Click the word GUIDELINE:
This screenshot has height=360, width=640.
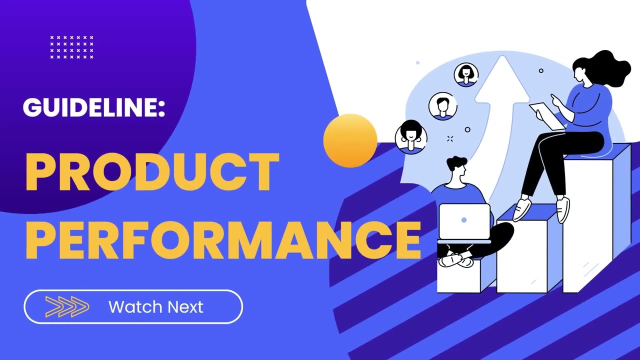click(x=94, y=107)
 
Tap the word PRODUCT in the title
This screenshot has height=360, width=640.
click(x=152, y=172)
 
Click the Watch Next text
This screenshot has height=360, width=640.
click(x=156, y=306)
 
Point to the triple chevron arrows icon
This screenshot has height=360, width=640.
click(x=67, y=306)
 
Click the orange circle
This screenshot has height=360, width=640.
click(x=350, y=140)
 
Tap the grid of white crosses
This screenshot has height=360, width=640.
click(x=71, y=47)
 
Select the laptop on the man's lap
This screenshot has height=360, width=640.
click(x=464, y=221)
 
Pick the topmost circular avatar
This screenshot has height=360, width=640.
click(x=466, y=74)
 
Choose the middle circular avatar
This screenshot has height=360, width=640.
click(x=442, y=105)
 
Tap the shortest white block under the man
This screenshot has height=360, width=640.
click(x=458, y=277)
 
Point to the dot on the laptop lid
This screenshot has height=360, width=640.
click(x=464, y=220)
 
